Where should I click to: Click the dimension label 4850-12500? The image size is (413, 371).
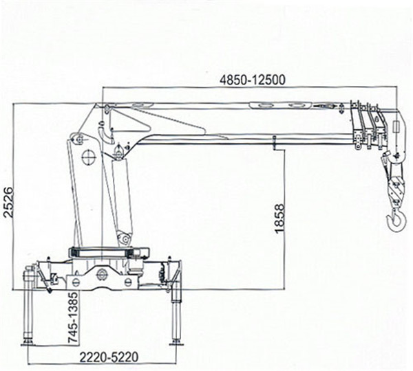tap(253, 80)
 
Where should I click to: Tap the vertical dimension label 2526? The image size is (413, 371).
tap(8, 202)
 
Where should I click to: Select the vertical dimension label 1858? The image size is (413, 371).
tap(279, 218)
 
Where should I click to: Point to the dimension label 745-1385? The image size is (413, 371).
tap(74, 317)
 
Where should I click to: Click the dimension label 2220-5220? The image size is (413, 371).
tap(109, 357)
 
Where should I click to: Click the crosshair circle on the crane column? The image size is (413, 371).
tap(89, 157)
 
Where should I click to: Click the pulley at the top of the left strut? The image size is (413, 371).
tap(76, 139)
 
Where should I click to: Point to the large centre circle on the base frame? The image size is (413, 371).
tap(101, 275)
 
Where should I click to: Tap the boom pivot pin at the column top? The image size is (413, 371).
tap(107, 108)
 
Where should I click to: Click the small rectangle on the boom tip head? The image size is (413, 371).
tap(396, 127)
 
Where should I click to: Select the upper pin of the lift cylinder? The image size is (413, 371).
tap(118, 152)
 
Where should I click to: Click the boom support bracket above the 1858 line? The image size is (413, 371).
tap(275, 142)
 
